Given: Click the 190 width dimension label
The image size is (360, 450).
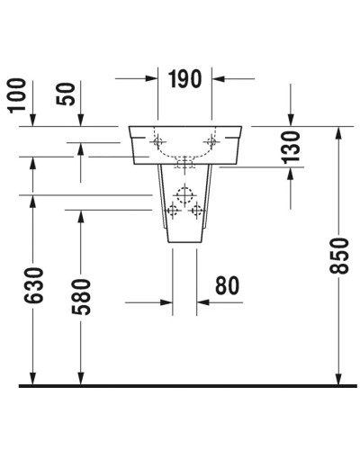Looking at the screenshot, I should (185, 78).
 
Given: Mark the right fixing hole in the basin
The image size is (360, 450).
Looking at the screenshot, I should (212, 140).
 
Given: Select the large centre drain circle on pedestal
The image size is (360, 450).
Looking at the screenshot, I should (185, 195).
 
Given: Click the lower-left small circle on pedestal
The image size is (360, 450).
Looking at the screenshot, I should (173, 212).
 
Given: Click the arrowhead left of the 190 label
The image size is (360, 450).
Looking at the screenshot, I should (149, 78).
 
